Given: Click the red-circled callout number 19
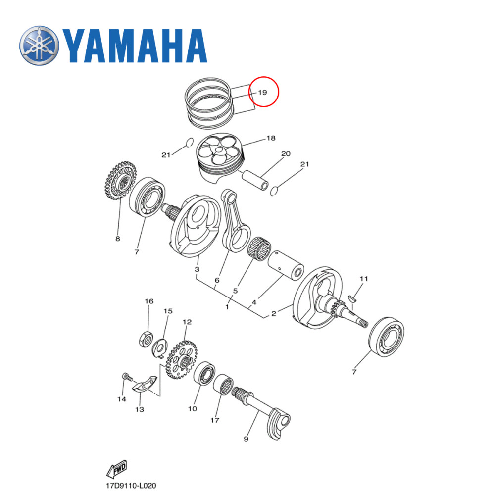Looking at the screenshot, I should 262,93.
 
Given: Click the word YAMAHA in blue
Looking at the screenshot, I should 135,46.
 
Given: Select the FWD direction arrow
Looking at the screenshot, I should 117,468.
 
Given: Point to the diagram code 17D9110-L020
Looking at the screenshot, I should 127,487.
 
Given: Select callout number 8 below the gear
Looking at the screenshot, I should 118,239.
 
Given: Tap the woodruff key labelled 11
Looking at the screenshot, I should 353,298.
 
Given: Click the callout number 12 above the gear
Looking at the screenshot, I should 187,322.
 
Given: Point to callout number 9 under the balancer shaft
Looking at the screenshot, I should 246,439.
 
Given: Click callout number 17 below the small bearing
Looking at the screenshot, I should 214,421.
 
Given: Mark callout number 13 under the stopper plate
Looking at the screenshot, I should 140,409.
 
